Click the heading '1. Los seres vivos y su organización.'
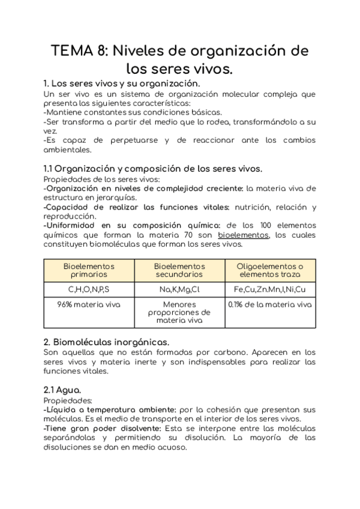[x=122, y=83]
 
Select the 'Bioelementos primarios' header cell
[x=89, y=270]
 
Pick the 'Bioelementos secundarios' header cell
[x=179, y=270]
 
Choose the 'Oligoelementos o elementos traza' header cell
[x=270, y=270]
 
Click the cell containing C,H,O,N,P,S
[x=89, y=289]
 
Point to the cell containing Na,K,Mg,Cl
[x=179, y=289]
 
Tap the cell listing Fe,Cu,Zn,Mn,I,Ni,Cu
[x=270, y=289]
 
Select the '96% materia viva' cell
[x=89, y=305]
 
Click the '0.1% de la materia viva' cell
[x=270, y=305]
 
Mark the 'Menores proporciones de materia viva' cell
[x=179, y=313]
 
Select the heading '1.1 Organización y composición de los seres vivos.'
[x=153, y=169]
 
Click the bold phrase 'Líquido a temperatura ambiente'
[x=103, y=409]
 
